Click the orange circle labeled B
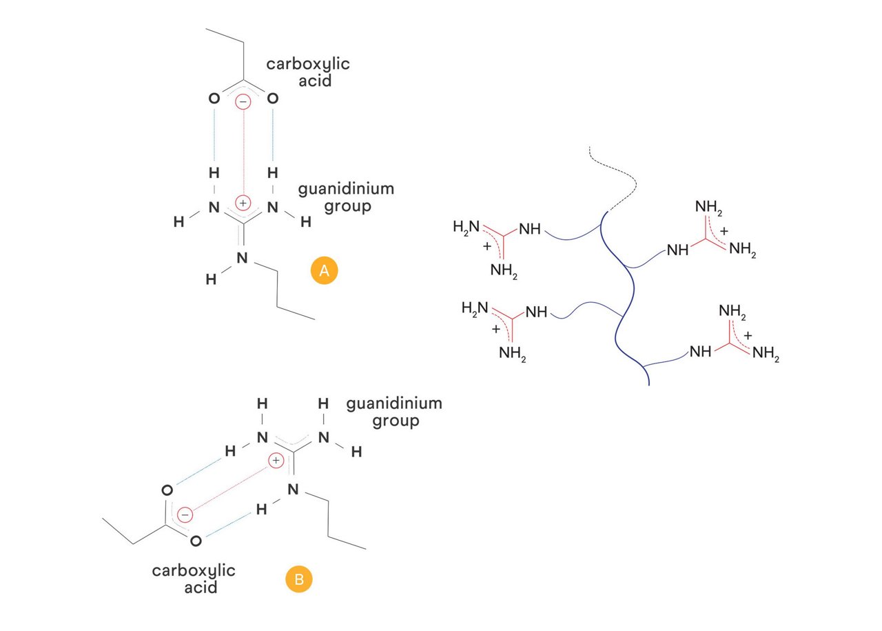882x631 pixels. click(298, 579)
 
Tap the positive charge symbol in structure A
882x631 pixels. click(243, 203)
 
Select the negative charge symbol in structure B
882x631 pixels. click(185, 515)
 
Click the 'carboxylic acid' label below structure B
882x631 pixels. click(194, 579)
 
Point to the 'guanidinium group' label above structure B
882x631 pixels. click(394, 411)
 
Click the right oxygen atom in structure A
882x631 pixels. click(273, 99)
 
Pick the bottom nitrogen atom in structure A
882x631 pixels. click(242, 259)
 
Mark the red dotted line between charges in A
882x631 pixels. click(243, 152)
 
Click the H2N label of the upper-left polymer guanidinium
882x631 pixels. click(466, 226)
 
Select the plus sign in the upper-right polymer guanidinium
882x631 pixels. click(724, 230)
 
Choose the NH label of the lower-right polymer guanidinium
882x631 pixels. click(700, 352)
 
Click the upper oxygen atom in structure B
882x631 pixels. click(166, 491)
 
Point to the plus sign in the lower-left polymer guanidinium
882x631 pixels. click(495, 330)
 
